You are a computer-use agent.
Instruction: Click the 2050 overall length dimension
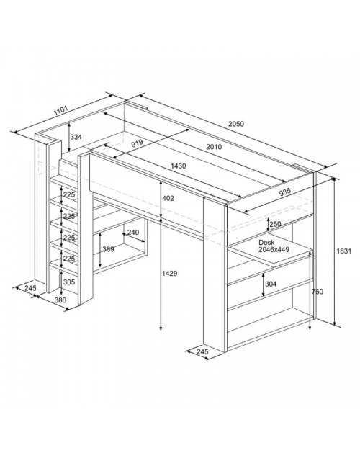click(236, 124)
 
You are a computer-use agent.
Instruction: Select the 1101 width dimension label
click(61, 110)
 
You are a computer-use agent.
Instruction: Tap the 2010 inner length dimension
click(214, 147)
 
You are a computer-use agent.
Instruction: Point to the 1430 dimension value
click(179, 166)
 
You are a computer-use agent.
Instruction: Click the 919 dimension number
click(138, 143)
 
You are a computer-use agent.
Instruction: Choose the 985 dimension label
click(285, 192)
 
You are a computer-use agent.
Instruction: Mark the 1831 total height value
click(344, 251)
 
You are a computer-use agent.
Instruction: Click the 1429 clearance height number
click(170, 273)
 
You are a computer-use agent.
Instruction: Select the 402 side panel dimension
click(168, 198)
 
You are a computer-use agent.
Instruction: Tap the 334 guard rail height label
click(76, 137)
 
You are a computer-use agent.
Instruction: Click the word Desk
click(266, 243)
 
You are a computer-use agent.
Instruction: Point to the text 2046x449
click(274, 249)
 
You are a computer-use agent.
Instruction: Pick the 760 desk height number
click(318, 292)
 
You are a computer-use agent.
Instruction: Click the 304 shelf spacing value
click(271, 284)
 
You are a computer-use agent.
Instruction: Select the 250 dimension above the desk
click(275, 224)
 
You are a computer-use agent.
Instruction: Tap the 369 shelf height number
click(108, 249)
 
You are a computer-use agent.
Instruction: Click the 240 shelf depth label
click(133, 233)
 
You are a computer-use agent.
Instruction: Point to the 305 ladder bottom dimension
click(69, 282)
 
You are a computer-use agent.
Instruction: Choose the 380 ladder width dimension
click(60, 300)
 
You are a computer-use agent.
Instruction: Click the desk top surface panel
click(271, 252)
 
